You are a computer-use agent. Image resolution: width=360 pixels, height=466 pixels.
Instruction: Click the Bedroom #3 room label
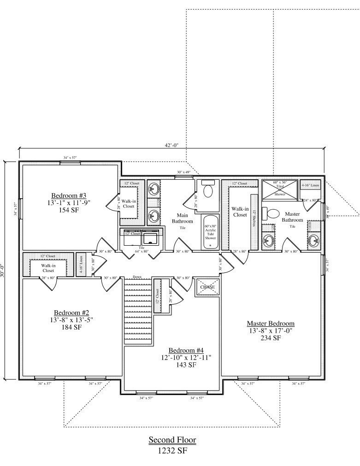(69, 195)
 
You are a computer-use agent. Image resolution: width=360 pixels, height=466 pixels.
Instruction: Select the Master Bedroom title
(271, 324)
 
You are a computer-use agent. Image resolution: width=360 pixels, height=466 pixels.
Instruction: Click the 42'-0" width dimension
(171, 145)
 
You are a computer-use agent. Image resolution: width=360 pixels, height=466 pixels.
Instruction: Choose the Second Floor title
(172, 440)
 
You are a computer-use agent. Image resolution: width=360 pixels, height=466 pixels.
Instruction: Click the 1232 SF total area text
(172, 451)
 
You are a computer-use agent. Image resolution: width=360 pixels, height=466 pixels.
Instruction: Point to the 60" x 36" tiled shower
(280, 189)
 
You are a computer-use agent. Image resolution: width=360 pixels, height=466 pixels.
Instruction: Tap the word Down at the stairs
(137, 277)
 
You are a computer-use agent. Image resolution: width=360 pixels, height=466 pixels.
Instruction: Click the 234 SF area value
(271, 338)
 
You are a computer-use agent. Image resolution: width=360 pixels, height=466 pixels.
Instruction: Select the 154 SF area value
(69, 210)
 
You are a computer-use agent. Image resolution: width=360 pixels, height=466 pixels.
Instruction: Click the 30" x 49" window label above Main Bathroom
(183, 172)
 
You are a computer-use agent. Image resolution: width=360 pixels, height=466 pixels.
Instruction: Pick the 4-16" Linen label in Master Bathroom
(310, 185)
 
